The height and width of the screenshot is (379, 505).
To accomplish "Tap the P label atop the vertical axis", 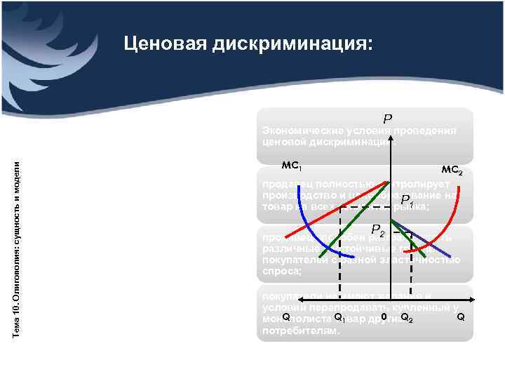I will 387,119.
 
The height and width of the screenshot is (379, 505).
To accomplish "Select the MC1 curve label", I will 291,166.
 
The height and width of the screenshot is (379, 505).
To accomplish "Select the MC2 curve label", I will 452,170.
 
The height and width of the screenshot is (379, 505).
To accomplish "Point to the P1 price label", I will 407,207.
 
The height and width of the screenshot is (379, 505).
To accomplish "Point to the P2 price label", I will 378,230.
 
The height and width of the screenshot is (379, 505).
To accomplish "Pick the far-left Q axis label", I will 286,317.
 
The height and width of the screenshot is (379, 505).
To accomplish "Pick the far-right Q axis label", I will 460,317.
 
